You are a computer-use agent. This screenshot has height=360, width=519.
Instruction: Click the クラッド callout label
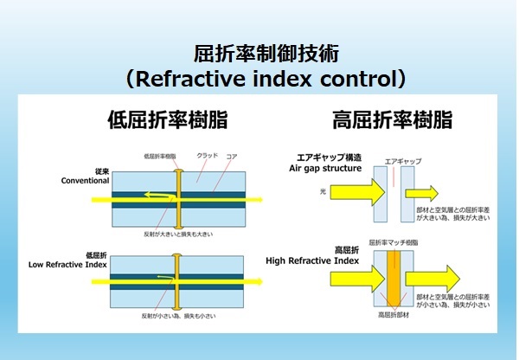coord(208,156)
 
